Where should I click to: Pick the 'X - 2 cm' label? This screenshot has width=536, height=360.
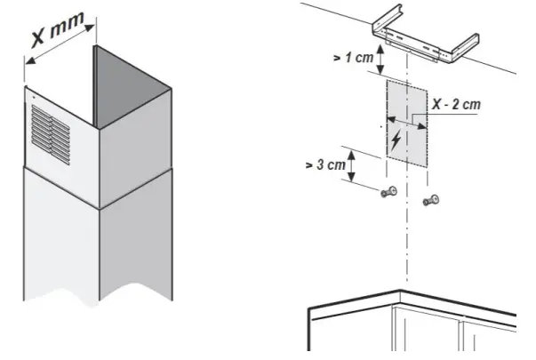click(457, 105)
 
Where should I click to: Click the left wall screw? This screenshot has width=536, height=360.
click(388, 194)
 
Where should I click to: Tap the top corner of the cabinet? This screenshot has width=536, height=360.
click(402, 292)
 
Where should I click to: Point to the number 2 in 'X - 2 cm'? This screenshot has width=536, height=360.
click(462, 105)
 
